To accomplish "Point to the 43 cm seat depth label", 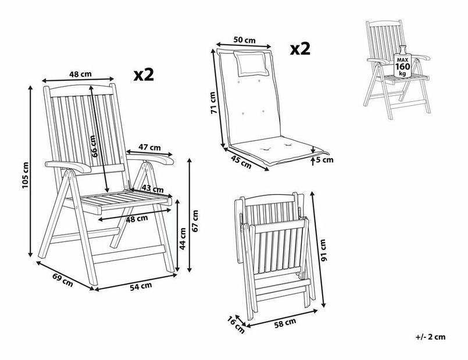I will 153,189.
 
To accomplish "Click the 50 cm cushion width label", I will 244,40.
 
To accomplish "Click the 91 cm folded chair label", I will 324,249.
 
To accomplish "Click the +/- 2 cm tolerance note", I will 430,337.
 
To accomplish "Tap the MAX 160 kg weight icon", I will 402,67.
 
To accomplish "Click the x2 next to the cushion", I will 299,49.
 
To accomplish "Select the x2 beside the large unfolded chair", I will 143,74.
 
